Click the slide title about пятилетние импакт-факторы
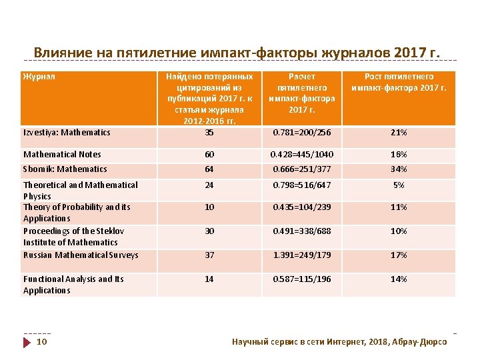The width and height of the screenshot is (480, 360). tap(237, 52)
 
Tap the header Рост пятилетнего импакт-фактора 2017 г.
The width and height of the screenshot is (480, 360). tap(399, 82)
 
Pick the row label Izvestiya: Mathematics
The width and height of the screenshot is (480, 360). tap(67, 132)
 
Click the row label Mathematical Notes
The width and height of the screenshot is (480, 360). tap(62, 154)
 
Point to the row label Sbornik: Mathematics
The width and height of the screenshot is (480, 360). tap(65, 169)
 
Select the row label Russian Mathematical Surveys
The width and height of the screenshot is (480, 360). tap(81, 255)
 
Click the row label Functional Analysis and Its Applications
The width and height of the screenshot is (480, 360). tap(73, 285)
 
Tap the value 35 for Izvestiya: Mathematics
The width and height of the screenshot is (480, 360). tap(209, 132)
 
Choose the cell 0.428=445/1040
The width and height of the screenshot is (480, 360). tap(302, 154)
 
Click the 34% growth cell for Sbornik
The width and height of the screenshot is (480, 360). tap(399, 169)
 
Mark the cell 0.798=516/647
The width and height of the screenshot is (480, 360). tap(302, 185)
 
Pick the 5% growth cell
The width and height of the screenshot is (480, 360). tap(399, 185)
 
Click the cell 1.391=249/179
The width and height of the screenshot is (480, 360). tap(302, 255)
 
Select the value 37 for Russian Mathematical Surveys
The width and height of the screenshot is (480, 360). tap(209, 255)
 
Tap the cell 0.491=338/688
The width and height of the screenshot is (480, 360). tap(302, 231)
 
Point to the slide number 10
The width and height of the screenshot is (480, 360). tap(41, 342)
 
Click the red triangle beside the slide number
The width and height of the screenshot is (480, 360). tap(27, 342)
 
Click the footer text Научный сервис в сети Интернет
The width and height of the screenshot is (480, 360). tap(339, 341)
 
